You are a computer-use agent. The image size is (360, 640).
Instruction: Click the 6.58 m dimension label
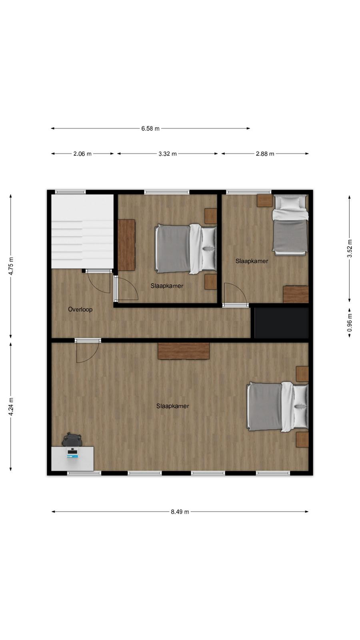(150, 128)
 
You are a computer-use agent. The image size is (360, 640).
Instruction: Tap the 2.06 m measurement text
(82, 154)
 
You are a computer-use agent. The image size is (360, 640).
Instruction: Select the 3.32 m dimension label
(168, 154)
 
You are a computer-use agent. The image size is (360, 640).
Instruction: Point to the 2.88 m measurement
(265, 154)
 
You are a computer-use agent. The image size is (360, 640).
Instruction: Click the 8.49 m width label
(180, 512)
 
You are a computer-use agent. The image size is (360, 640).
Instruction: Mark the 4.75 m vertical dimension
(11, 266)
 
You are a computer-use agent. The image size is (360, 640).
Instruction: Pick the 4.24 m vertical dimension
(11, 406)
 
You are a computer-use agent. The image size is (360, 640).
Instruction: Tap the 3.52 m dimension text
(350, 248)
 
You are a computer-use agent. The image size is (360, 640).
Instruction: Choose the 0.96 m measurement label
(350, 323)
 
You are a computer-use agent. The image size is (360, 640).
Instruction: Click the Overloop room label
(80, 309)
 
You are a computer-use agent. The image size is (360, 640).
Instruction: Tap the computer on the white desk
(72, 454)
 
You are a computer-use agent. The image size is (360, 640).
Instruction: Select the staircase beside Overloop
(82, 232)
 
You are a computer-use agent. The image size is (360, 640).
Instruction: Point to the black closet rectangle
(282, 323)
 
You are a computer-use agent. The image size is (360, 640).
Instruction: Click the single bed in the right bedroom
(290, 224)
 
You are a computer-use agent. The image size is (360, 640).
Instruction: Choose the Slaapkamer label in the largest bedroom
(172, 406)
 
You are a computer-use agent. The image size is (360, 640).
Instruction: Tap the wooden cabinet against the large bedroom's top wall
(184, 351)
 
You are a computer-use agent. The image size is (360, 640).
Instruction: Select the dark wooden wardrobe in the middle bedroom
(126, 245)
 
